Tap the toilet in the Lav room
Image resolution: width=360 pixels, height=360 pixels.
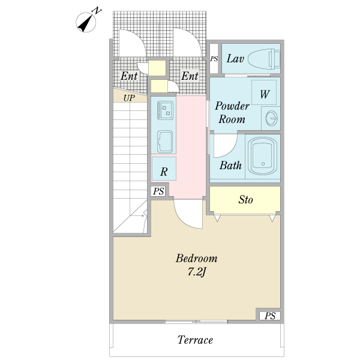pos(264,59)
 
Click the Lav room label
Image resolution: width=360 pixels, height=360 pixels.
pos(235,59)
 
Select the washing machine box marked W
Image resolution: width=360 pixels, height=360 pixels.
pos(264,92)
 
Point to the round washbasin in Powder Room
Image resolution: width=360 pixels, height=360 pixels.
pos(271,118)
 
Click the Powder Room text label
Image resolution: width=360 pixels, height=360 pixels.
pos(232,113)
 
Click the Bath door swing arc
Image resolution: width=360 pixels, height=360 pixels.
pos(226,146)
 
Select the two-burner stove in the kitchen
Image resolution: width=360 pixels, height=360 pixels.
pos(166,110)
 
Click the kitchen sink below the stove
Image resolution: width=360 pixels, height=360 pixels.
pos(165,142)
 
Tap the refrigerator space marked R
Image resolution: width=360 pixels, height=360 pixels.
pos(164,169)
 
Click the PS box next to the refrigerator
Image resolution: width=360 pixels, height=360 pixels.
pos(158,191)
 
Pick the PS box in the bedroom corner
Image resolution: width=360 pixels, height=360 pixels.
pos(270,316)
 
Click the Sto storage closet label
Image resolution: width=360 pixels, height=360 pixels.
pos(245,200)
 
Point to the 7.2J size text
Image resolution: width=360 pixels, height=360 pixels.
pos(197,272)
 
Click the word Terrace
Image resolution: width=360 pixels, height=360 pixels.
pos(195,340)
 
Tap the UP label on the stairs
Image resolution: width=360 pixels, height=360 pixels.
pos(129,98)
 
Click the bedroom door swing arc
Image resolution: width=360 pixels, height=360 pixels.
pos(188,214)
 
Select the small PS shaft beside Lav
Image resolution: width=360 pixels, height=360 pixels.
pos(214,59)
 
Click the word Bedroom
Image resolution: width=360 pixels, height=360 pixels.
pos(197,258)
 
